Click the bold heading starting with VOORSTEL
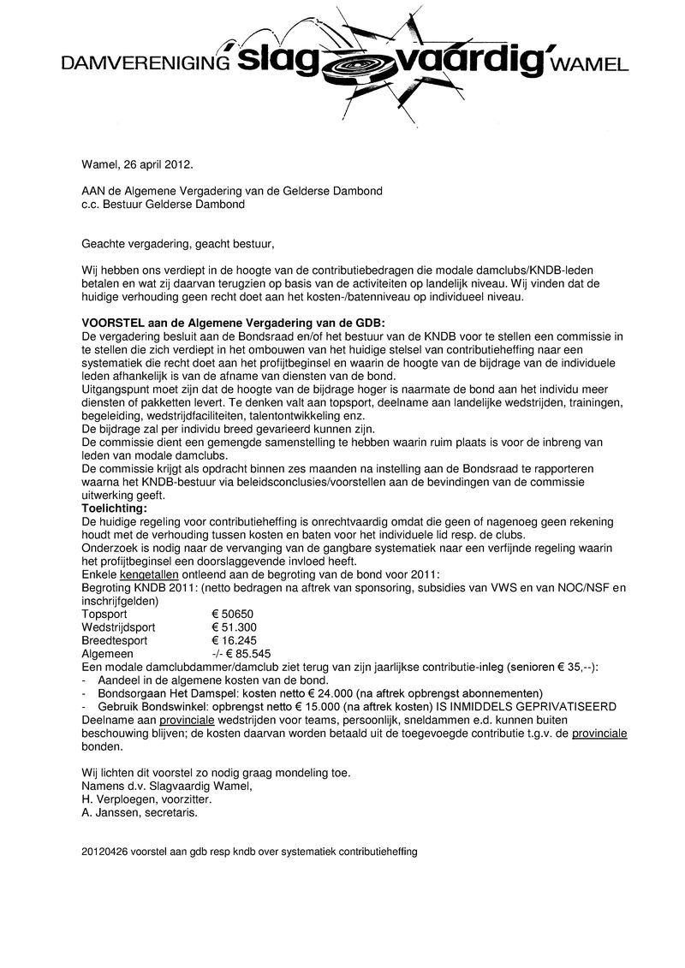click(x=233, y=323)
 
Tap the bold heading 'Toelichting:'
click(x=114, y=508)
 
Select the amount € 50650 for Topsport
click(x=233, y=615)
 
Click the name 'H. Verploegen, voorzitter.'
click(x=146, y=799)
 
